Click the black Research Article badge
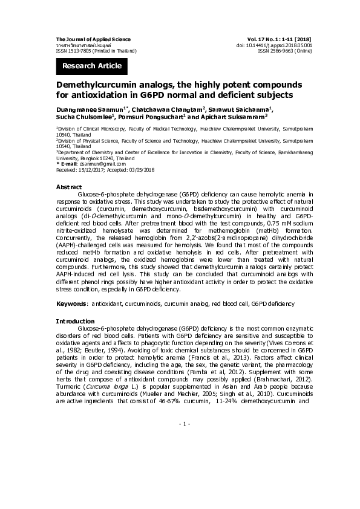tap(92, 66)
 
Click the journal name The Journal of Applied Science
tap(93, 39)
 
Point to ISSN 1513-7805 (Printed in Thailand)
tap(96, 51)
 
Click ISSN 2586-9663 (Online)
tap(285, 51)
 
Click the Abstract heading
tap(68, 187)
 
